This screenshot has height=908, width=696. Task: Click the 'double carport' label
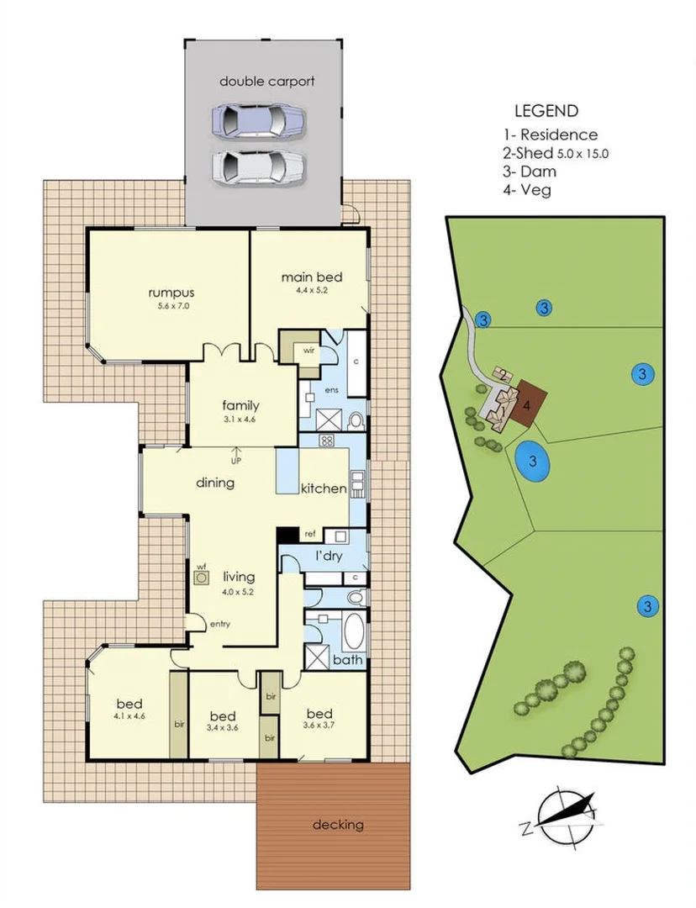[266, 82]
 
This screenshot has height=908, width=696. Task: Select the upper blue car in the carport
[257, 123]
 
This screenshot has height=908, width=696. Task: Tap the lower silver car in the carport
[257, 167]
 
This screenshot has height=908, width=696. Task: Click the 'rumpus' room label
[171, 293]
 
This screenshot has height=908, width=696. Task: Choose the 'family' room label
[240, 404]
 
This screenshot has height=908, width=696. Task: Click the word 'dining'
[214, 483]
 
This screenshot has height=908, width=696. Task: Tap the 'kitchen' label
[324, 488]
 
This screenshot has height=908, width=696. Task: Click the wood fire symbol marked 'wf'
[202, 580]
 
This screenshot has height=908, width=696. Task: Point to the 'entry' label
[219, 624]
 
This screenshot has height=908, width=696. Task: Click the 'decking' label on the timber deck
[338, 824]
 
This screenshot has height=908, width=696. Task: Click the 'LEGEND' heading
[546, 110]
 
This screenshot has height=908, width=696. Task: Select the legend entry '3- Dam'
[528, 172]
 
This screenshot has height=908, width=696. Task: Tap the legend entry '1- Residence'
[550, 135]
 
